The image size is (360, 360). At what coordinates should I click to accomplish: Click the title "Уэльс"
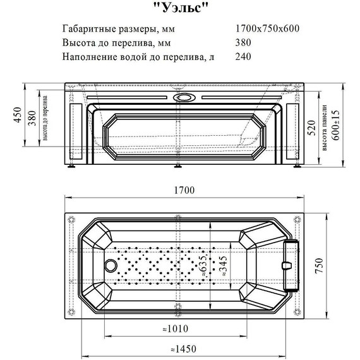point(180,8)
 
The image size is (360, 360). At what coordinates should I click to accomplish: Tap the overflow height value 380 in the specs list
point(243,44)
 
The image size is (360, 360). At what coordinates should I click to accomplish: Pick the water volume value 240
point(243,57)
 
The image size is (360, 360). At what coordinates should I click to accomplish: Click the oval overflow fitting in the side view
point(186,97)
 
